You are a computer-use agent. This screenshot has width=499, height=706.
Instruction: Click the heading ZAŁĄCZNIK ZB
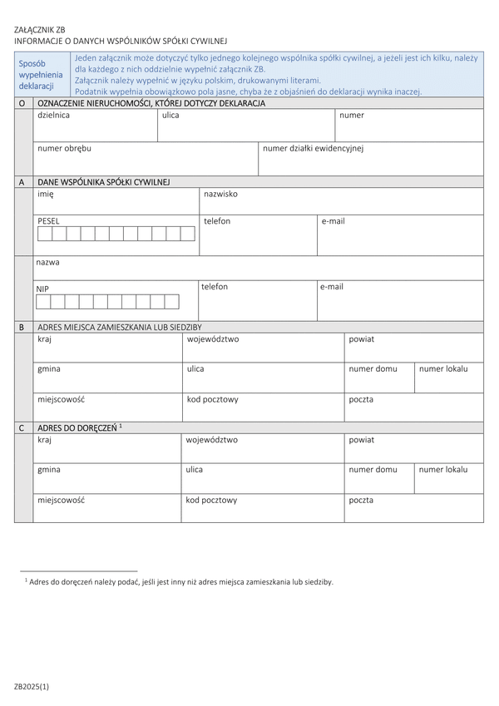(x=39, y=29)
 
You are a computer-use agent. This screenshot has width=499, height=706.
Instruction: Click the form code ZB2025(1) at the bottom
(x=32, y=686)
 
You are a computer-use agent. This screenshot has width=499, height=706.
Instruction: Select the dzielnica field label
(x=53, y=116)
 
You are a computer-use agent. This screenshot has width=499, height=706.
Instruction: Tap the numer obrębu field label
(x=64, y=148)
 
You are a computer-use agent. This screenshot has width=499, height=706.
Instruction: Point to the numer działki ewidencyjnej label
(x=313, y=148)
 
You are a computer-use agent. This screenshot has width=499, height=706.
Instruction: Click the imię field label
(x=46, y=193)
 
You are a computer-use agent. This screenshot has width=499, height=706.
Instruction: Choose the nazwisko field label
(x=220, y=193)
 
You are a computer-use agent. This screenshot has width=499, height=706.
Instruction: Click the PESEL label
(x=48, y=221)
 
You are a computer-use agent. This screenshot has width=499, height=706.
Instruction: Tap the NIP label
(x=42, y=288)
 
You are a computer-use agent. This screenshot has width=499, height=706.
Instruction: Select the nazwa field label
(x=47, y=261)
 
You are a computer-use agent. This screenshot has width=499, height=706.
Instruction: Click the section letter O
(x=22, y=103)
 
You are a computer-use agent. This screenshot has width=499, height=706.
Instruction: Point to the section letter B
(x=22, y=328)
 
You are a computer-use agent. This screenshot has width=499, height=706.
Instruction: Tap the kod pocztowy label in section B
(x=212, y=399)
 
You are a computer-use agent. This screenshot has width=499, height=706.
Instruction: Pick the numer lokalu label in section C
(x=443, y=470)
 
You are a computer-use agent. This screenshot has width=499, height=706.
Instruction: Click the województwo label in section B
(x=213, y=339)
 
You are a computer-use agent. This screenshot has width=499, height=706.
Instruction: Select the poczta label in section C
(x=361, y=500)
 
